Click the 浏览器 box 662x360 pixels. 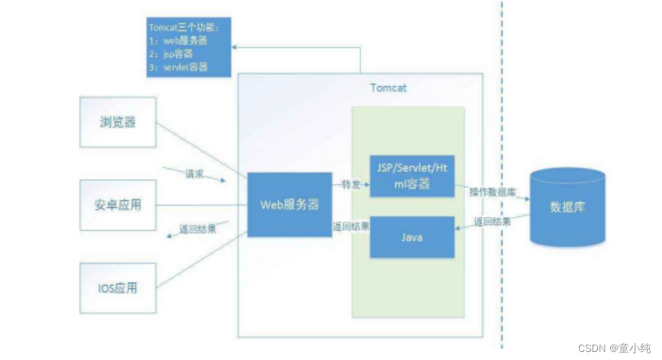[118, 122]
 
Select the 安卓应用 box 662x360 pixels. [118, 205]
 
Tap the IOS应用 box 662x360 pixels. [118, 288]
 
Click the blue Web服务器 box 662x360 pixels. [289, 205]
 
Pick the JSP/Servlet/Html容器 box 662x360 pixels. [411, 176]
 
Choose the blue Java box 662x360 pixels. [411, 238]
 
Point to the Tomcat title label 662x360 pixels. [387, 88]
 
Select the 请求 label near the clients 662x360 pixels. [194, 176]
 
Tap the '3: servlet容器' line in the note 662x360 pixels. [178, 67]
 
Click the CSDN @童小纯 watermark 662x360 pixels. [614, 348]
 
